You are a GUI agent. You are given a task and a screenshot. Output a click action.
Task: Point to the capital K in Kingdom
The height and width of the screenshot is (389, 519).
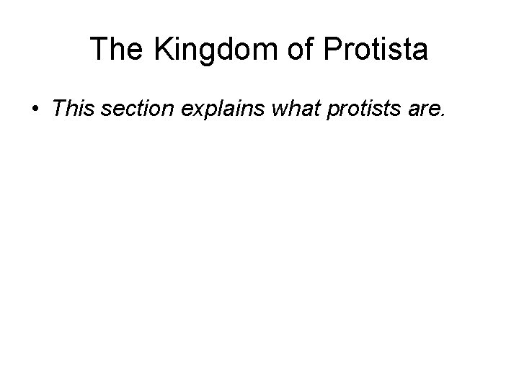click(x=161, y=50)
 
